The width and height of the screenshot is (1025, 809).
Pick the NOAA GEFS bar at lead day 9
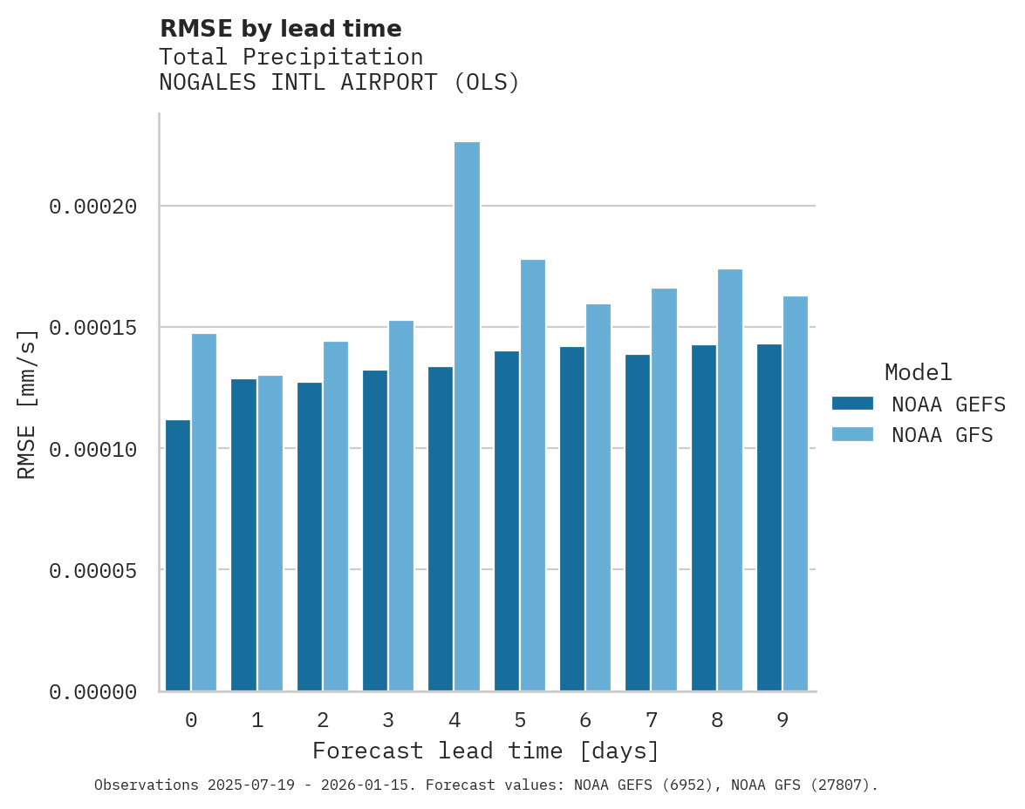pos(769,518)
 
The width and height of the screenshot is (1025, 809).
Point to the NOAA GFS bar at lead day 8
pos(730,480)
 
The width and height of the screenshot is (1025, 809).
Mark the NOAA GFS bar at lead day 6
pos(598,498)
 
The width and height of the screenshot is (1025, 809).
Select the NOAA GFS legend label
pos(942,434)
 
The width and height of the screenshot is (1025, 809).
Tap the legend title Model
pos(918,372)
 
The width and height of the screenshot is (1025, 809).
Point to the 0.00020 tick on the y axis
pos(93,207)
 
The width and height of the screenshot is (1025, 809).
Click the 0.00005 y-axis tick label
pos(93,570)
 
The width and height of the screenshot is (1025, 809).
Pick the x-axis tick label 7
pos(651,720)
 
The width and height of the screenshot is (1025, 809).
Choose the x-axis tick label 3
pos(388,720)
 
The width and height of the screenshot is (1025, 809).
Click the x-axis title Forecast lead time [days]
pos(486,751)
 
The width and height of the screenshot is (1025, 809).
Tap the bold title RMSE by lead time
pos(280,29)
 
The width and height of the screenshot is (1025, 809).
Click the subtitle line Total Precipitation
pos(290,57)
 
